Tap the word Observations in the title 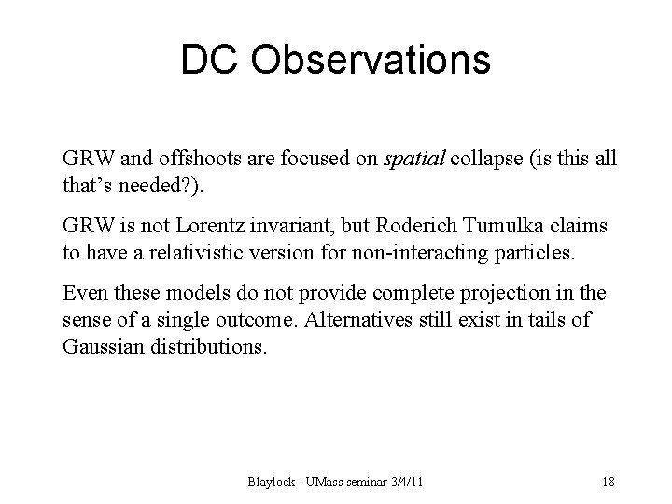372,61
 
